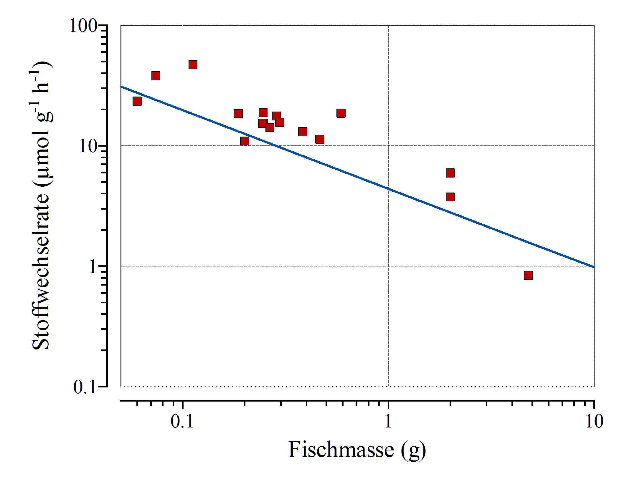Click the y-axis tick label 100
[83, 26]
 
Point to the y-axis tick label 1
[93, 267]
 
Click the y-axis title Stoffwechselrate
[41, 206]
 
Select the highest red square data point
[193, 65]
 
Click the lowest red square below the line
[528, 275]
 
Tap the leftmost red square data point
[137, 101]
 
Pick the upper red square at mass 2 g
[450, 173]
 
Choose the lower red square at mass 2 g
[450, 197]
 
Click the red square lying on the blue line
[245, 141]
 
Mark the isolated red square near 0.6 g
[341, 113]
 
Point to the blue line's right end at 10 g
[594, 267]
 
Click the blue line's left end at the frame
[121, 87]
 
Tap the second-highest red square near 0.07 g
[156, 76]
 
